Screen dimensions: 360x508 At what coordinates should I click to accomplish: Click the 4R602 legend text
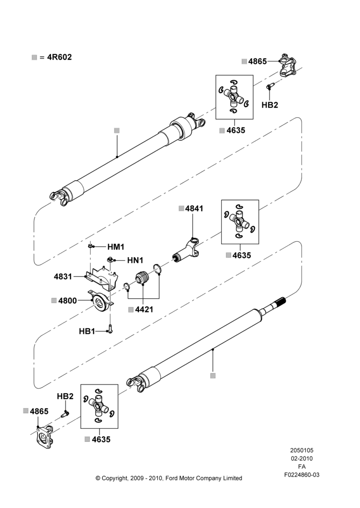(x=59, y=57)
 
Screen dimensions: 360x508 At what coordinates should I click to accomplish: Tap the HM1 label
(x=116, y=247)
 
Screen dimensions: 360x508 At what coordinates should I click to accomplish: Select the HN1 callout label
(x=135, y=260)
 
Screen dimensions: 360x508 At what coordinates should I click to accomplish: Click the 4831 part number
(x=63, y=277)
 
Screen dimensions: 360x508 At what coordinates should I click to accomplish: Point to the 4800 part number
(x=68, y=301)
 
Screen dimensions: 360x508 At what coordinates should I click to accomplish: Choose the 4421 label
(x=144, y=309)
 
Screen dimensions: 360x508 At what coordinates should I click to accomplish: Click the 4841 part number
(x=194, y=209)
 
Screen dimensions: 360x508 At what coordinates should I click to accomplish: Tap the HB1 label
(x=87, y=331)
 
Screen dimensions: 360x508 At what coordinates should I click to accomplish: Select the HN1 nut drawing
(x=111, y=259)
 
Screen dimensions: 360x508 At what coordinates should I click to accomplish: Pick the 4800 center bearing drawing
(x=101, y=302)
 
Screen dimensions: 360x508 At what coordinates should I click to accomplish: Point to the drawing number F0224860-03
(x=302, y=475)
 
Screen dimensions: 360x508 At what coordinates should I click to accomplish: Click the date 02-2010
(x=302, y=458)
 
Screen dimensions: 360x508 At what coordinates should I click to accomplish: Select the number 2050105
(x=302, y=450)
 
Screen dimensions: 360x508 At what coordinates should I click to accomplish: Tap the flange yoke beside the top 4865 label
(x=288, y=65)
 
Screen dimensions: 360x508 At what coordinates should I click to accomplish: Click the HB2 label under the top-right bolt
(x=270, y=105)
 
